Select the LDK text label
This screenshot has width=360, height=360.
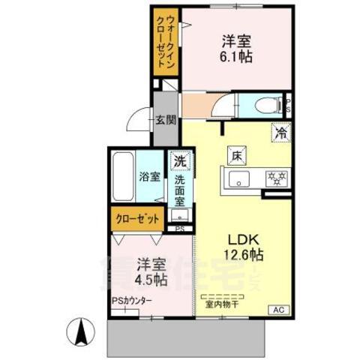click(244, 239)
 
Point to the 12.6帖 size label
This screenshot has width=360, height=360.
click(244, 255)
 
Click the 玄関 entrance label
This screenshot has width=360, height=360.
click(166, 119)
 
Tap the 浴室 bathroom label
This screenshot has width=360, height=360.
click(149, 177)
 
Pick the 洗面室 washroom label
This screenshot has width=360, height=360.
click(181, 190)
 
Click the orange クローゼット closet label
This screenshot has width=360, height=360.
click(138, 219)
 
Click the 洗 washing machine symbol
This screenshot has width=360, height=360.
click(180, 160)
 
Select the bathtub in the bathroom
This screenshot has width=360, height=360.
click(124, 177)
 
